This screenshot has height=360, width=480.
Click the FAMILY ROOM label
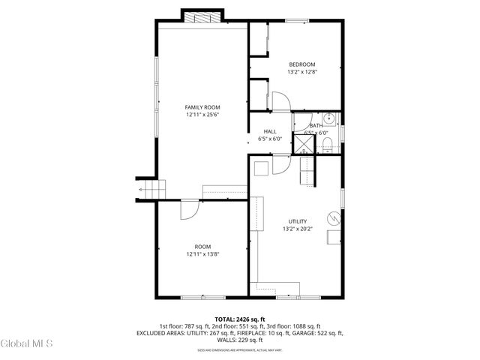(202, 107)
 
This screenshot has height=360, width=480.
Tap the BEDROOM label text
(302, 64)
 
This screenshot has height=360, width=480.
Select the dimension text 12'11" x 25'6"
(202, 115)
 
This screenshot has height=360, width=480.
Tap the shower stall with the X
(303, 142)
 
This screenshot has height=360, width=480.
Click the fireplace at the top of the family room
(202, 17)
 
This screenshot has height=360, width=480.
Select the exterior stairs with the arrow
(148, 189)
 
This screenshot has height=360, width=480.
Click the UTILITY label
(298, 221)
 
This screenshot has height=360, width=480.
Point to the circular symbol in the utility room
(336, 218)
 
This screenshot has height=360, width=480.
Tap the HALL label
(269, 131)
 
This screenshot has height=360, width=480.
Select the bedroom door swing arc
(277, 100)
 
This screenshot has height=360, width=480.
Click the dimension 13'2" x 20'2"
(298, 229)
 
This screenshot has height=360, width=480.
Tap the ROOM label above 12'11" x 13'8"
(202, 247)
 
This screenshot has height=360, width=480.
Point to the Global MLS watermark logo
(27, 343)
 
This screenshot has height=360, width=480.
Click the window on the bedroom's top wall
(297, 21)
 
